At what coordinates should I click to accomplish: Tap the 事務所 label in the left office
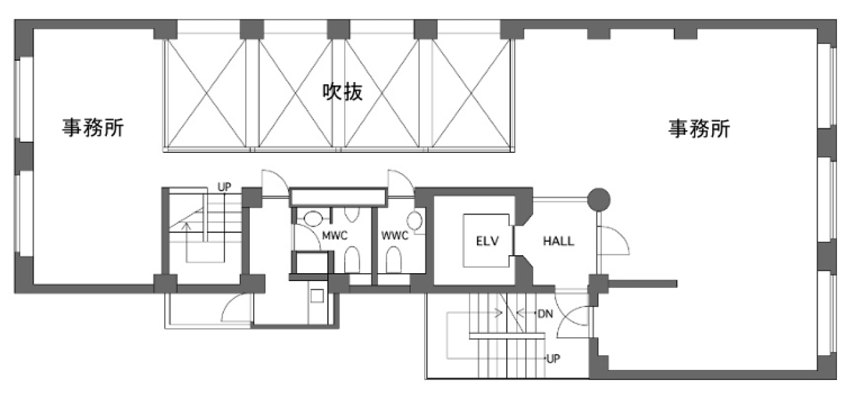pyautogui.click(x=94, y=128)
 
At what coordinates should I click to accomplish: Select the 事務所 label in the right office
pyautogui.click(x=699, y=128)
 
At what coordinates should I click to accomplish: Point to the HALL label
pyautogui.click(x=558, y=241)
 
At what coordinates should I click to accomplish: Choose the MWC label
pyautogui.click(x=334, y=236)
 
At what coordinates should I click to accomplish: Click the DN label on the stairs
pyautogui.click(x=545, y=313)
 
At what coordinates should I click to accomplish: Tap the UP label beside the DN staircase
pyautogui.click(x=552, y=359)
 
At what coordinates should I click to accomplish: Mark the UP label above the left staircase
pyautogui.click(x=224, y=187)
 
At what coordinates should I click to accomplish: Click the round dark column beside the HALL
pyautogui.click(x=598, y=198)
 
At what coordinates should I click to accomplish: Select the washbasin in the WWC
pyautogui.click(x=415, y=220)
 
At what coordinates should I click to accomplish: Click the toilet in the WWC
pyautogui.click(x=395, y=260)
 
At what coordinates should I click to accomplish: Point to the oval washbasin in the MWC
pyautogui.click(x=311, y=217)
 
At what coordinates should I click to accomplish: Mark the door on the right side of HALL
pyautogui.click(x=612, y=241)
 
